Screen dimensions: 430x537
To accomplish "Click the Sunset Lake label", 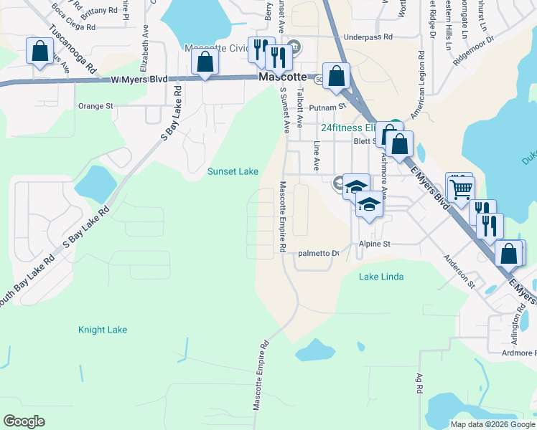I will (x=233, y=171).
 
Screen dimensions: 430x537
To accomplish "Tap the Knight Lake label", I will (x=103, y=330).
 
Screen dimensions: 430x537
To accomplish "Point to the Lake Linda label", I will (x=380, y=277).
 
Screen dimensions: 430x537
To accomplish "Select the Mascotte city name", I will (x=282, y=77).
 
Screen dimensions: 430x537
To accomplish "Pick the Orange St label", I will (x=95, y=106).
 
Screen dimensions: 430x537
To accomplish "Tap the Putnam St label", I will (x=327, y=107).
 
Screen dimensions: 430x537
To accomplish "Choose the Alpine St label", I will (x=375, y=244).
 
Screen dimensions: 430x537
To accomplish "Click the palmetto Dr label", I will (x=318, y=253).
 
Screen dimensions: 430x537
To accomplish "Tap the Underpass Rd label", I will (x=368, y=37).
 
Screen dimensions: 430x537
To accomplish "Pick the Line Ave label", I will (x=317, y=156).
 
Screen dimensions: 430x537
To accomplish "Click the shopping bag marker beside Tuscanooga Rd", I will (x=39, y=52).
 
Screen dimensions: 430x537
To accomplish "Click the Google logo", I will (x=24, y=421).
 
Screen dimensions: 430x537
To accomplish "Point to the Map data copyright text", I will (x=492, y=424).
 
